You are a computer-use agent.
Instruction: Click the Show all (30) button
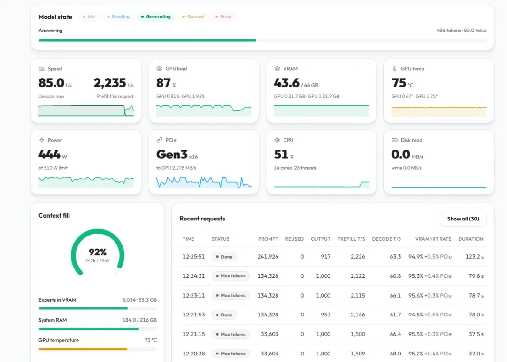point(463,219)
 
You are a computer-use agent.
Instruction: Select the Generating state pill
point(155,16)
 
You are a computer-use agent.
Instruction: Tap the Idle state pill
point(89,16)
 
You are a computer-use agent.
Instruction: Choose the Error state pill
point(223,16)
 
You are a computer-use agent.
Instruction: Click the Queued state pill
point(193,16)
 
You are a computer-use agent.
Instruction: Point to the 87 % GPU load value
point(166,83)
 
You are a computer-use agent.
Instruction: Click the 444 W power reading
point(53,155)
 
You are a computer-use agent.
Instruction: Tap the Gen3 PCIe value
point(177,155)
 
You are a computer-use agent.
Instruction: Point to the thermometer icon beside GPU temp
point(394,69)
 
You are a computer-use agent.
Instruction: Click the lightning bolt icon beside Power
point(41,140)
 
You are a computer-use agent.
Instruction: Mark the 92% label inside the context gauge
point(98,252)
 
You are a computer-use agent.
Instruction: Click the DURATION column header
point(471,239)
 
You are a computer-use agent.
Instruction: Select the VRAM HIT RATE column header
point(433,239)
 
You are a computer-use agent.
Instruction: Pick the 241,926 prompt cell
point(268,256)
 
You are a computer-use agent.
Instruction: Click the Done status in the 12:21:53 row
point(224,315)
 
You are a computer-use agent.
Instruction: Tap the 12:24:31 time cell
point(194,276)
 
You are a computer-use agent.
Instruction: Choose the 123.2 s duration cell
point(474,256)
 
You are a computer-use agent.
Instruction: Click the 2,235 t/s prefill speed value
point(114,83)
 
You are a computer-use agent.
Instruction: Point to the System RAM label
point(53,320)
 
